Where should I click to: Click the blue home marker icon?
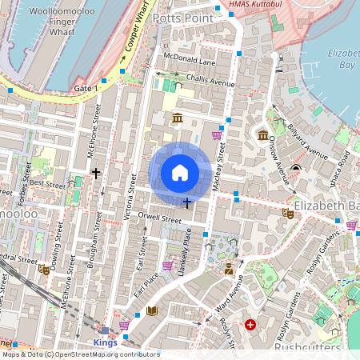coord(180,173)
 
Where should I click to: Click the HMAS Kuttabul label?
coord(258,5)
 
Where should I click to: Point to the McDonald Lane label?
coord(190,61)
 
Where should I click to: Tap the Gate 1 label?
coord(85,87)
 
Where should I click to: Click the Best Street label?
coord(46,183)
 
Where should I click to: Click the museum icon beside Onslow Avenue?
coord(262,134)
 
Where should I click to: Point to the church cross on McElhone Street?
coord(96,173)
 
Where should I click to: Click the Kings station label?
coord(106,342)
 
